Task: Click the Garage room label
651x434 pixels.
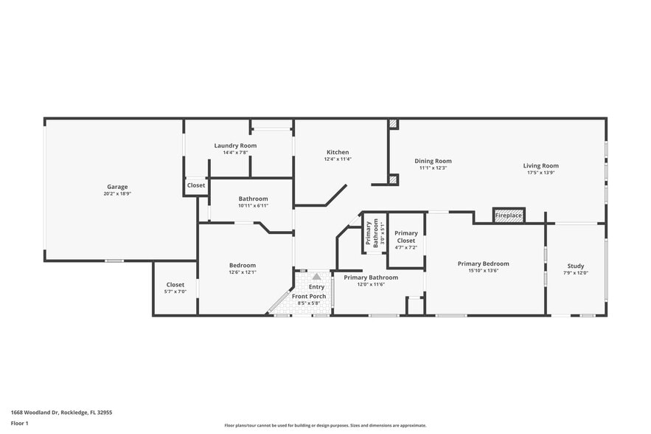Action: (x=117, y=187)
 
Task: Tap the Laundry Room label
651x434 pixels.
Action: (x=235, y=145)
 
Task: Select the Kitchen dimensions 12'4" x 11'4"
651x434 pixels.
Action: (x=338, y=159)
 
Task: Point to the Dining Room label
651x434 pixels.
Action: (x=433, y=161)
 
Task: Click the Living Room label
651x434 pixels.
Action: (x=540, y=166)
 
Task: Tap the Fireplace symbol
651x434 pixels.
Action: (x=508, y=215)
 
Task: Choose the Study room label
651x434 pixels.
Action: (x=575, y=266)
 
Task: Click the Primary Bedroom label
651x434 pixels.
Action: (x=483, y=263)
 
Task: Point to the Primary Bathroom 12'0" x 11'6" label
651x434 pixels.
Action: (x=371, y=278)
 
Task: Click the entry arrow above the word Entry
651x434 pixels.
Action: (x=316, y=276)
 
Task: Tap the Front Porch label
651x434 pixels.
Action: (x=313, y=296)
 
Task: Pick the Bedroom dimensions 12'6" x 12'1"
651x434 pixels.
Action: (x=242, y=272)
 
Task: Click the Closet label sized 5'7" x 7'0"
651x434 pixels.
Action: (x=175, y=284)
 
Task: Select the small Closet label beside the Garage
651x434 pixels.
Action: (x=196, y=185)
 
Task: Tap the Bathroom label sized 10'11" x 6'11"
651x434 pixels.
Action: (x=253, y=199)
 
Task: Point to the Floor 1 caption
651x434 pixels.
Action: (x=19, y=423)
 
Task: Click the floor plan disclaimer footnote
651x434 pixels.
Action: (x=325, y=425)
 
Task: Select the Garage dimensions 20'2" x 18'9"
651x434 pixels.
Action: (x=117, y=193)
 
